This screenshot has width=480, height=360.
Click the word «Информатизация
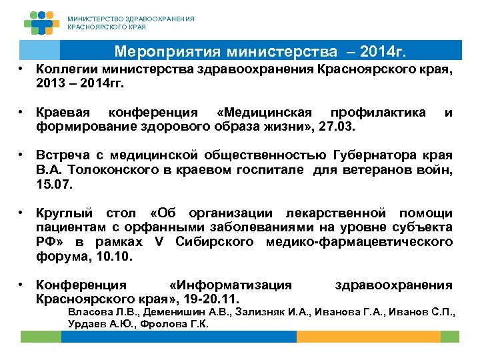[231, 285]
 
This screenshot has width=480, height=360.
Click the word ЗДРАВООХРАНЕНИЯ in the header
[157, 19]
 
